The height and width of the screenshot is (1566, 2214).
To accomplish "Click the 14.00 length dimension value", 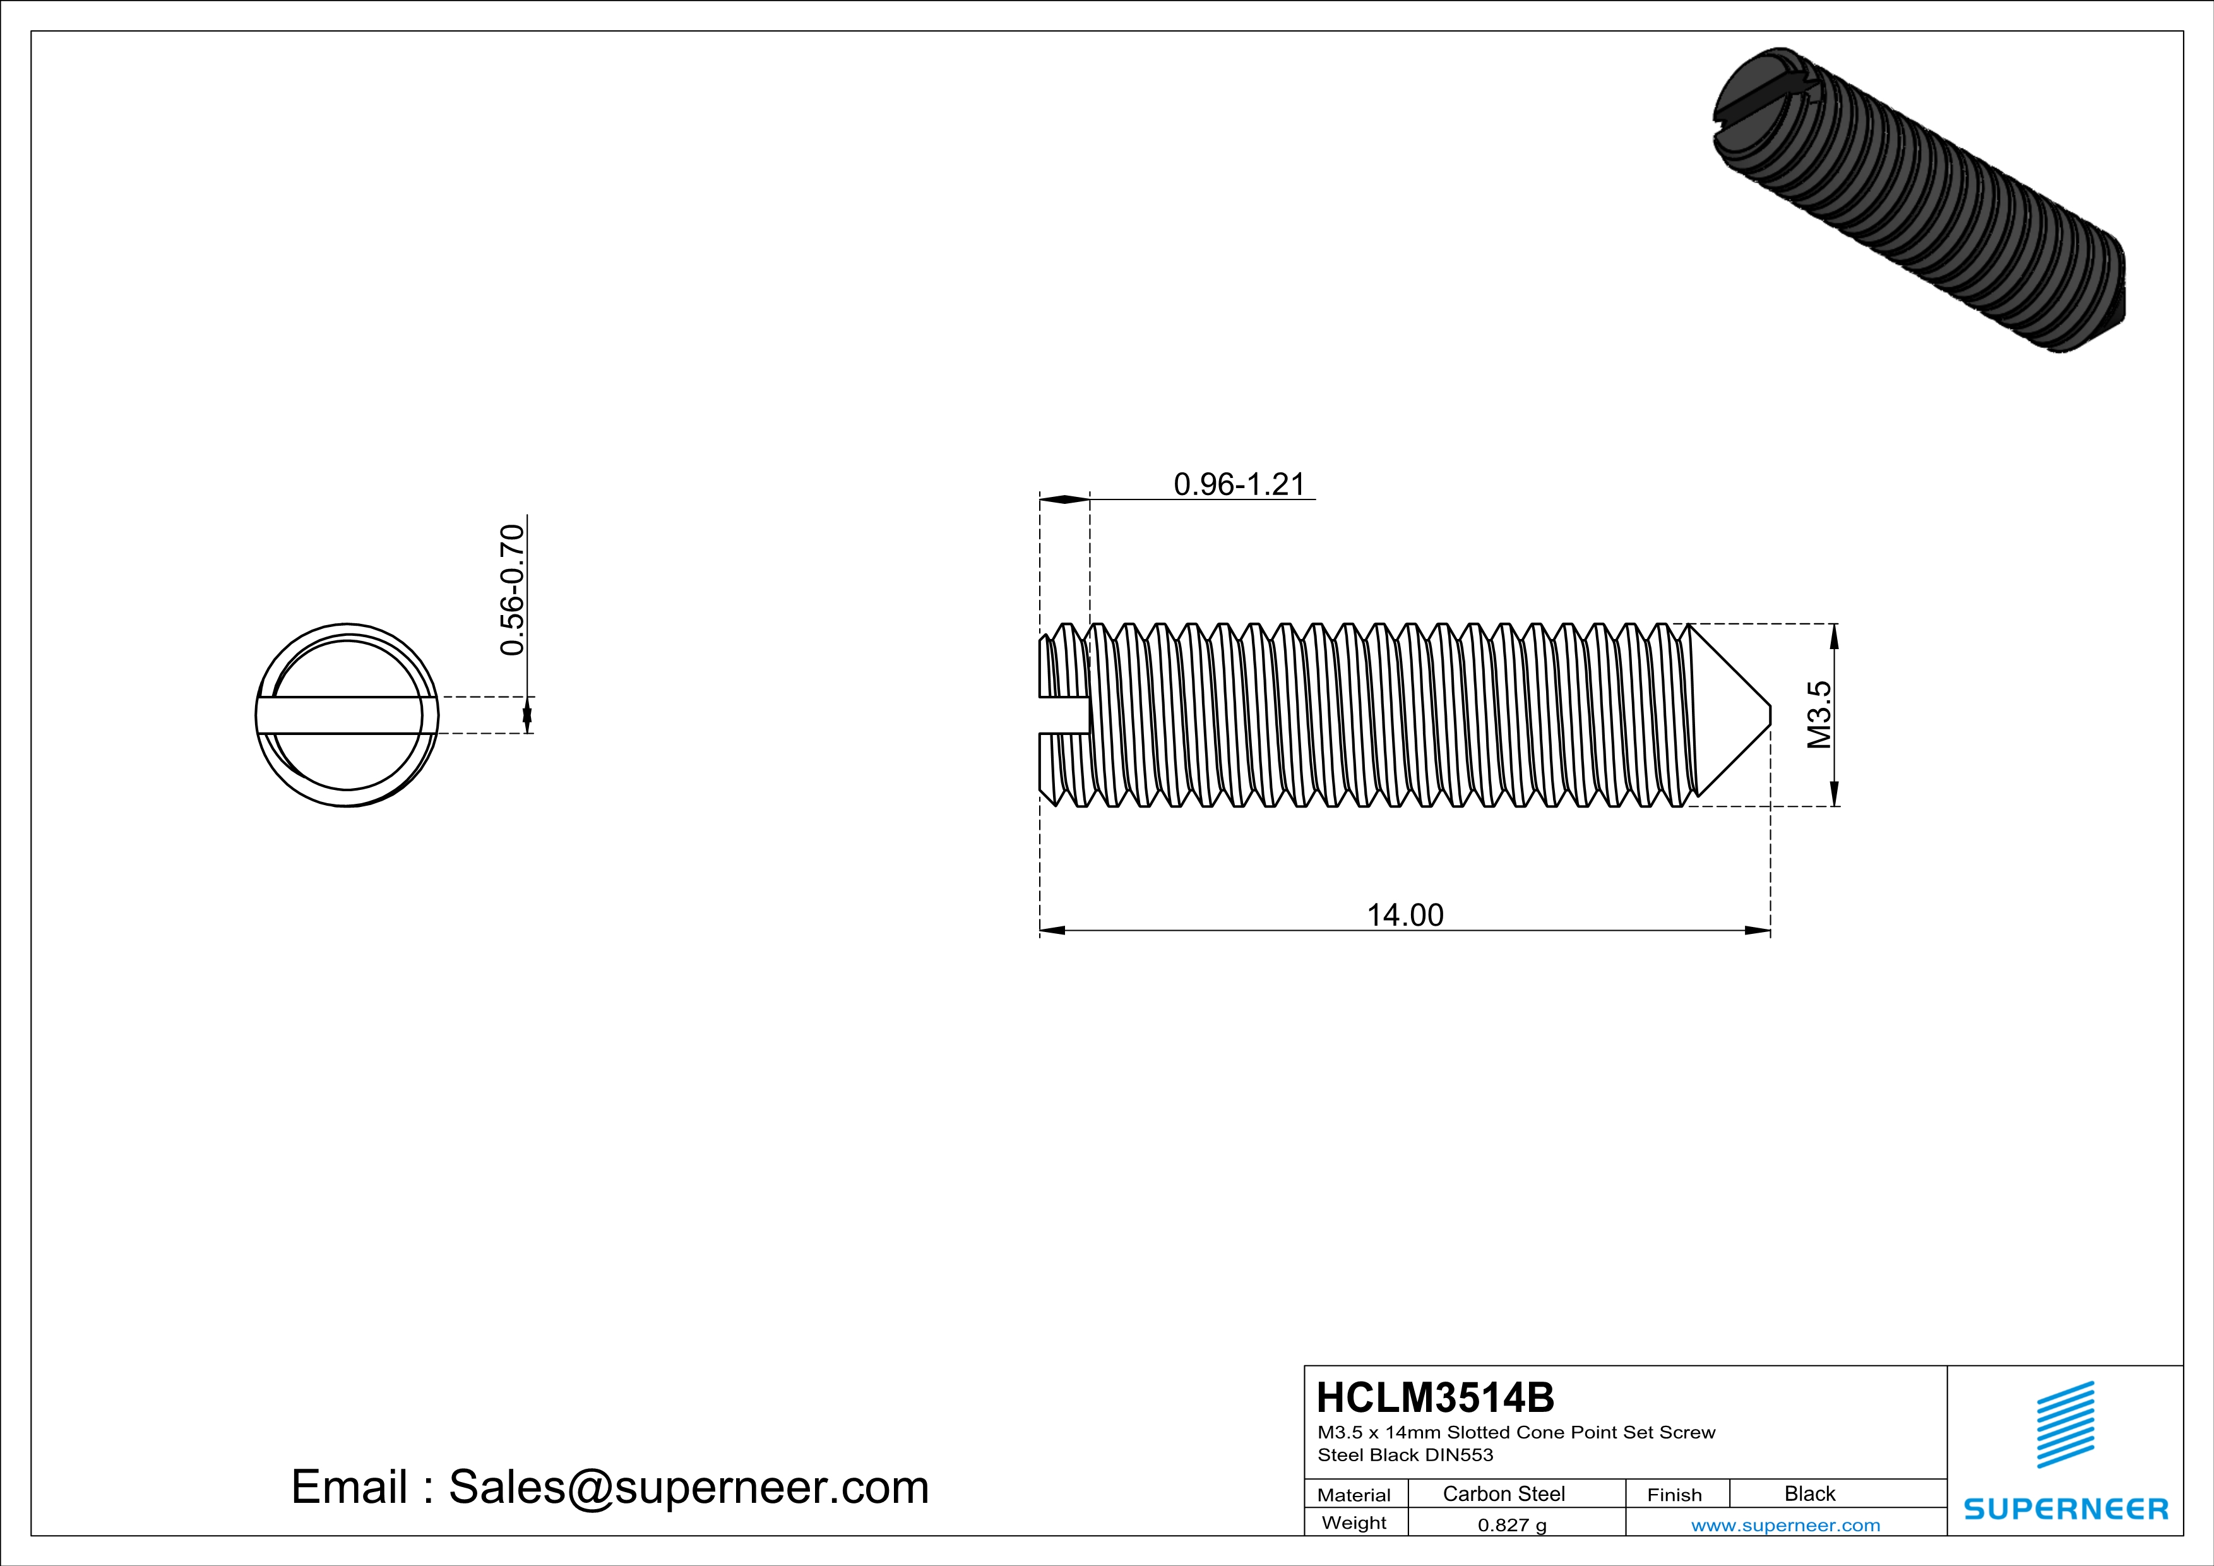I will [1405, 915].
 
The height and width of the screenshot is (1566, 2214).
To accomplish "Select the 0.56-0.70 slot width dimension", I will [512, 589].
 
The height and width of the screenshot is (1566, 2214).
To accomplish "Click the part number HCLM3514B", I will [1435, 1397].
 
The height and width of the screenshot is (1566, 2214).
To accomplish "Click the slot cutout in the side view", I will [1064, 715].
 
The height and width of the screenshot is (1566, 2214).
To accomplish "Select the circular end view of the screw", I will [347, 715].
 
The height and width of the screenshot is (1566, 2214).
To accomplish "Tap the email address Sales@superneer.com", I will [689, 1487].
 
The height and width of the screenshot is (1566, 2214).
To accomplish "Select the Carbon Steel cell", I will [1503, 1493].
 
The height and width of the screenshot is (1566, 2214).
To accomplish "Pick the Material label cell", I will [1354, 1495].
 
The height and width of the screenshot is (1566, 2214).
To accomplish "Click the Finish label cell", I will [1674, 1495].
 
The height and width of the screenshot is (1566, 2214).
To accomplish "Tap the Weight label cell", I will [1354, 1522].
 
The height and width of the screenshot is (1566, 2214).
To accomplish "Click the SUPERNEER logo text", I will [2066, 1509].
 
